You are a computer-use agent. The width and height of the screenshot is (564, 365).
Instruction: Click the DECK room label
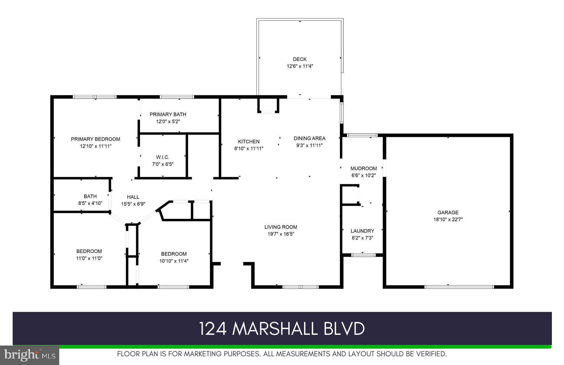pos(300,59)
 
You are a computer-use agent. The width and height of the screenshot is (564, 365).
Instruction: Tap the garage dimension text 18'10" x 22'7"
pos(448,219)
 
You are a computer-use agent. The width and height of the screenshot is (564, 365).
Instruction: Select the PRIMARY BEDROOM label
pos(96,139)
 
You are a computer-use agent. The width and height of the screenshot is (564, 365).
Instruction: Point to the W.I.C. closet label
pos(163,157)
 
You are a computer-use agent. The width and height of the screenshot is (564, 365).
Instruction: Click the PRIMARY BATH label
pos(168,114)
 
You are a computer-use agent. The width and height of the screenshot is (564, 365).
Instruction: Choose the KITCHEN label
pos(249,142)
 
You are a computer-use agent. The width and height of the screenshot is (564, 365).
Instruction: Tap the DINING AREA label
pos(310,138)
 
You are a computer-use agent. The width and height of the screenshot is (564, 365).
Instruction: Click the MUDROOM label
pos(364,168)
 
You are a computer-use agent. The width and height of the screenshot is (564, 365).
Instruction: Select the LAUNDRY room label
pos(362,231)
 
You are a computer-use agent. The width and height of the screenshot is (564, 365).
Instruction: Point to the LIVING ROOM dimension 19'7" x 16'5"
pos(281,234)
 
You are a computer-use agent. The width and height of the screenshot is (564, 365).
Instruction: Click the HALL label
pos(133,197)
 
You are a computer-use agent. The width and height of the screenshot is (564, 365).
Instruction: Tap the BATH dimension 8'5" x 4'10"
pos(90,203)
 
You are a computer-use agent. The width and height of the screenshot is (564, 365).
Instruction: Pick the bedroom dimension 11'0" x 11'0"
pos(89,258)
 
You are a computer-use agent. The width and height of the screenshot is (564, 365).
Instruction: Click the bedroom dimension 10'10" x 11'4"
pos(174,261)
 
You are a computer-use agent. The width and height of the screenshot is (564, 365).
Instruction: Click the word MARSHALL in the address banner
pos(275,329)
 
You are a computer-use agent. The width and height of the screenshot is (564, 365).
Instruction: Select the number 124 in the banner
pos(213,329)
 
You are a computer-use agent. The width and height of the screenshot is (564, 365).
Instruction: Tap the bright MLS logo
pos(30,355)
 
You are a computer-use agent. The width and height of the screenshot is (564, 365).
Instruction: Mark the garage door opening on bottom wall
pos(459,287)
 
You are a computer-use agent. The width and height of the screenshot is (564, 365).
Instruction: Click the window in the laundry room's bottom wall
pos(363,255)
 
